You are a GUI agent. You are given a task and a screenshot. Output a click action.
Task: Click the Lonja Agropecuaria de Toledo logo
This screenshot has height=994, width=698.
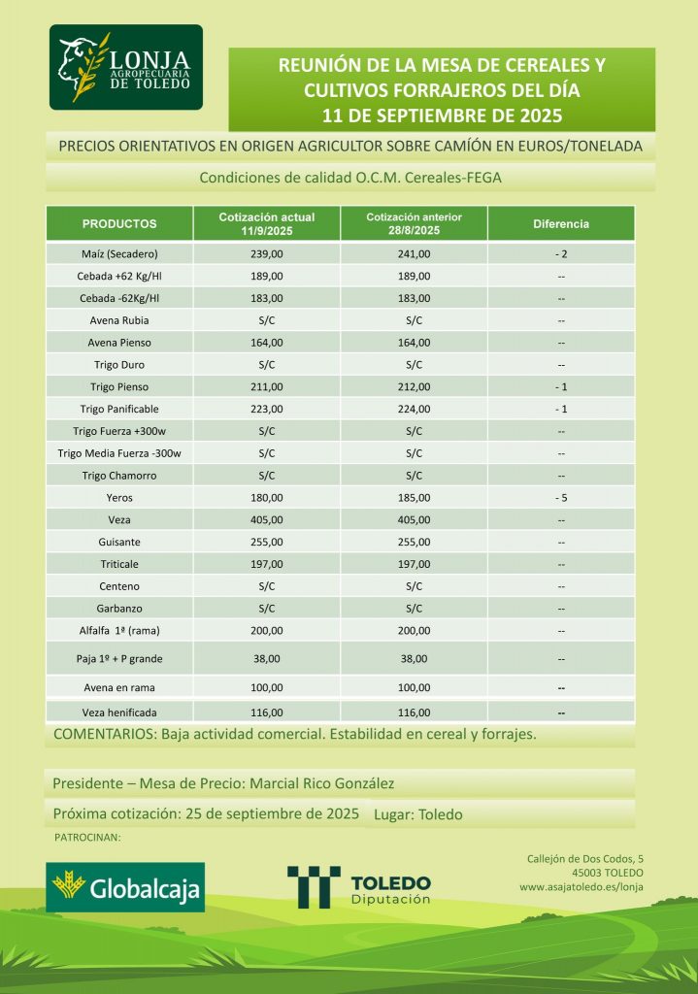coord(126,68)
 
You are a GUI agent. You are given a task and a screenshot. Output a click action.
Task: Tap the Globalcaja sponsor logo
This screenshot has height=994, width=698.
coord(126,886)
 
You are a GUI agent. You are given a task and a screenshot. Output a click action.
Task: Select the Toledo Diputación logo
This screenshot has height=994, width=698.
coord(359,887)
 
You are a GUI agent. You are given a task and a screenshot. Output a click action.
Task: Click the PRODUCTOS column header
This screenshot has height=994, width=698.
coord(119,224)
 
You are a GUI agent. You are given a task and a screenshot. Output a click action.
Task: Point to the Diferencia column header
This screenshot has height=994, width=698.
coord(561,224)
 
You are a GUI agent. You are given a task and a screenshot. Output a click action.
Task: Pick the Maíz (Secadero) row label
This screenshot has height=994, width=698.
coord(119,254)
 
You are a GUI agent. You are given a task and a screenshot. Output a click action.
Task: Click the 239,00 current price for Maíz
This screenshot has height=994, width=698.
coord(267,254)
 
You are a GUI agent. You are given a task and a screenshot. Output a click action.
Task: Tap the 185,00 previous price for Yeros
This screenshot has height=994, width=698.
coord(414,498)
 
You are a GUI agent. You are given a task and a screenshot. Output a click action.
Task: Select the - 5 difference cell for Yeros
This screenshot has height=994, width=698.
coord(561,498)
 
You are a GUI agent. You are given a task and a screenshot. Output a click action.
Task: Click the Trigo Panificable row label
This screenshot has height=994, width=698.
coord(119,409)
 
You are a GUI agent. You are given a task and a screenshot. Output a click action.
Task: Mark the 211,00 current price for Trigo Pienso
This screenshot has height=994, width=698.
coord(267,387)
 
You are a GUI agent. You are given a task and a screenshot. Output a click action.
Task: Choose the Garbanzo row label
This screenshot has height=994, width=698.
coord(119,609)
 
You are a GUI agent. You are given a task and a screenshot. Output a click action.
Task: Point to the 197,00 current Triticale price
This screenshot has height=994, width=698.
coord(267,564)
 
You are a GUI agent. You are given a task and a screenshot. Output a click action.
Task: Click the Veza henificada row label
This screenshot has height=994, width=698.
coord(119,712)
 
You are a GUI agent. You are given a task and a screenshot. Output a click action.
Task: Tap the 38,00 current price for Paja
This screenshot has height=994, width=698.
coord(267,658)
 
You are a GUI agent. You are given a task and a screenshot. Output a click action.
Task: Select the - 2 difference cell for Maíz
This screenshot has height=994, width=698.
coord(561,254)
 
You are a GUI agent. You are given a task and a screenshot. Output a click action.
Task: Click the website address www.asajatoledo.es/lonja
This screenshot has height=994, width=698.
coord(582,886)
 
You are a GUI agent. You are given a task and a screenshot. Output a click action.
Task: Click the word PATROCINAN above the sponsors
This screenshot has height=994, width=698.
coord(86,837)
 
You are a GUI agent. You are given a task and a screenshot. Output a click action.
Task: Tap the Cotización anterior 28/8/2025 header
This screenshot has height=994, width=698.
coord(414,224)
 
